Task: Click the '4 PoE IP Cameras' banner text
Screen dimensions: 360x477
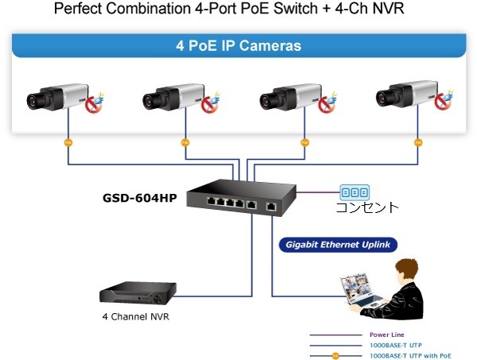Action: [x=238, y=46]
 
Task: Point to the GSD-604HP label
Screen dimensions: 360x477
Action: [x=140, y=197]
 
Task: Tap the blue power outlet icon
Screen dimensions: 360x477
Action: [x=355, y=192]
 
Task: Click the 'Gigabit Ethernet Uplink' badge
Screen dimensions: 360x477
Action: [x=339, y=245]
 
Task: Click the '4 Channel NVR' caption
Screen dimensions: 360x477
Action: [x=135, y=316]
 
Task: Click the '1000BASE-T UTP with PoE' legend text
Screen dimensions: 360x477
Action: [x=407, y=354]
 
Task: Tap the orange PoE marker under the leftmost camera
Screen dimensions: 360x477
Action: [x=68, y=143]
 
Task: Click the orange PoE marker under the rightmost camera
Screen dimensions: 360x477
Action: [x=418, y=143]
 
